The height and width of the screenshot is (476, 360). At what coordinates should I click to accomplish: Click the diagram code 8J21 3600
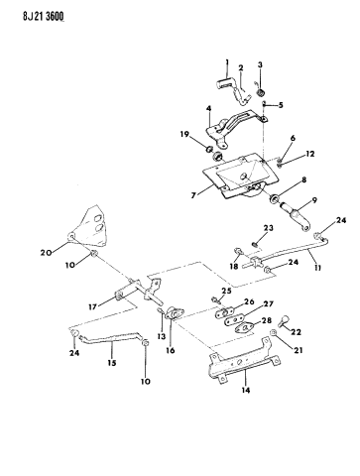click(44, 16)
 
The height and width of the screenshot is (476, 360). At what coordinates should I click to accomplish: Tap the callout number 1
click(227, 61)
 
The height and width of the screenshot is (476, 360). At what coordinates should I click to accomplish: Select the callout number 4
click(209, 108)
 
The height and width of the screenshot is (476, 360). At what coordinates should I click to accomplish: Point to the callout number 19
click(184, 134)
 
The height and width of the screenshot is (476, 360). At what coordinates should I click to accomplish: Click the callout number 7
click(193, 195)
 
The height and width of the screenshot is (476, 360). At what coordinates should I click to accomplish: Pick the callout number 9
click(314, 200)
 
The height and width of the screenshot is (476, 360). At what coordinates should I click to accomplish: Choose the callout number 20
click(47, 253)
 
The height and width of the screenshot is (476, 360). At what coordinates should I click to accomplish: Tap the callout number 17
click(92, 307)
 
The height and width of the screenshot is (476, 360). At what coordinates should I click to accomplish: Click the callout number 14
click(246, 391)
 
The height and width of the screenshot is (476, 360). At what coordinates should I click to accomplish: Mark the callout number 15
click(112, 363)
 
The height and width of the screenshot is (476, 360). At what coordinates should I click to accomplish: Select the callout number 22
click(296, 332)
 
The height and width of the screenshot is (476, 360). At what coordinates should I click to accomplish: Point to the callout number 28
click(267, 320)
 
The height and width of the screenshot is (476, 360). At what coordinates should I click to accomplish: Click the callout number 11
click(317, 268)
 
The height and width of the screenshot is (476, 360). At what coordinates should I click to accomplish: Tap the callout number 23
click(269, 228)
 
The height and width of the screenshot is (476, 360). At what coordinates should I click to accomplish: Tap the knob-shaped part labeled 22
click(284, 320)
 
